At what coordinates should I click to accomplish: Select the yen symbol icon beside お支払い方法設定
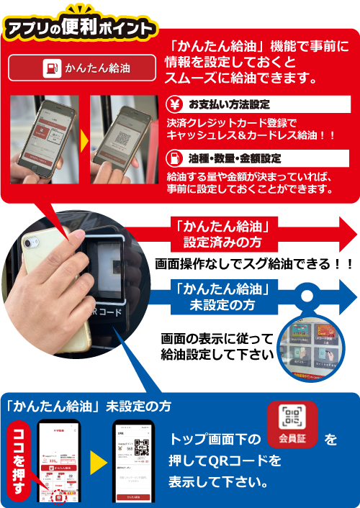pos(175,104)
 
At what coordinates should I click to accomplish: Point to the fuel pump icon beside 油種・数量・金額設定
pos(175,158)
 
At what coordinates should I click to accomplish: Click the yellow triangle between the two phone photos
pos(84,136)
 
